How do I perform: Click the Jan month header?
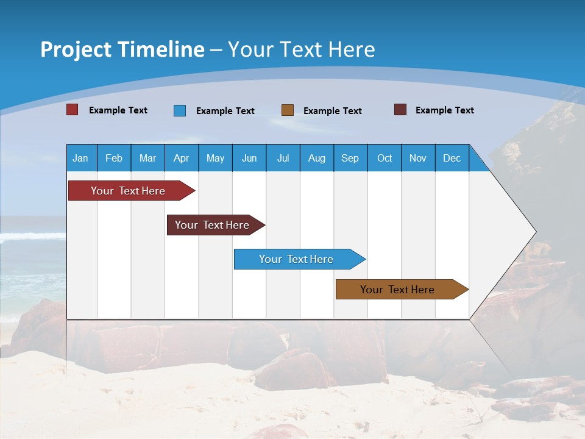[81, 158]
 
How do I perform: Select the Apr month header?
[182, 158]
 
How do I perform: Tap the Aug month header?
[317, 158]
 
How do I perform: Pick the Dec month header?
[452, 158]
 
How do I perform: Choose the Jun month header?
[249, 158]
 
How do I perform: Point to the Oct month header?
[385, 158]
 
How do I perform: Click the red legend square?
[72, 110]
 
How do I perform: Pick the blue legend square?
[180, 110]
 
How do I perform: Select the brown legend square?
[288, 110]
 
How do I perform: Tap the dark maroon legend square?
[400, 110]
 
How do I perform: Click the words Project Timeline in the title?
[122, 49]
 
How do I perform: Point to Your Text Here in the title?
[302, 49]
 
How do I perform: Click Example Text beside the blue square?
[225, 111]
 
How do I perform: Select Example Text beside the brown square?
[333, 111]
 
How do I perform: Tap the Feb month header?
[114, 158]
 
